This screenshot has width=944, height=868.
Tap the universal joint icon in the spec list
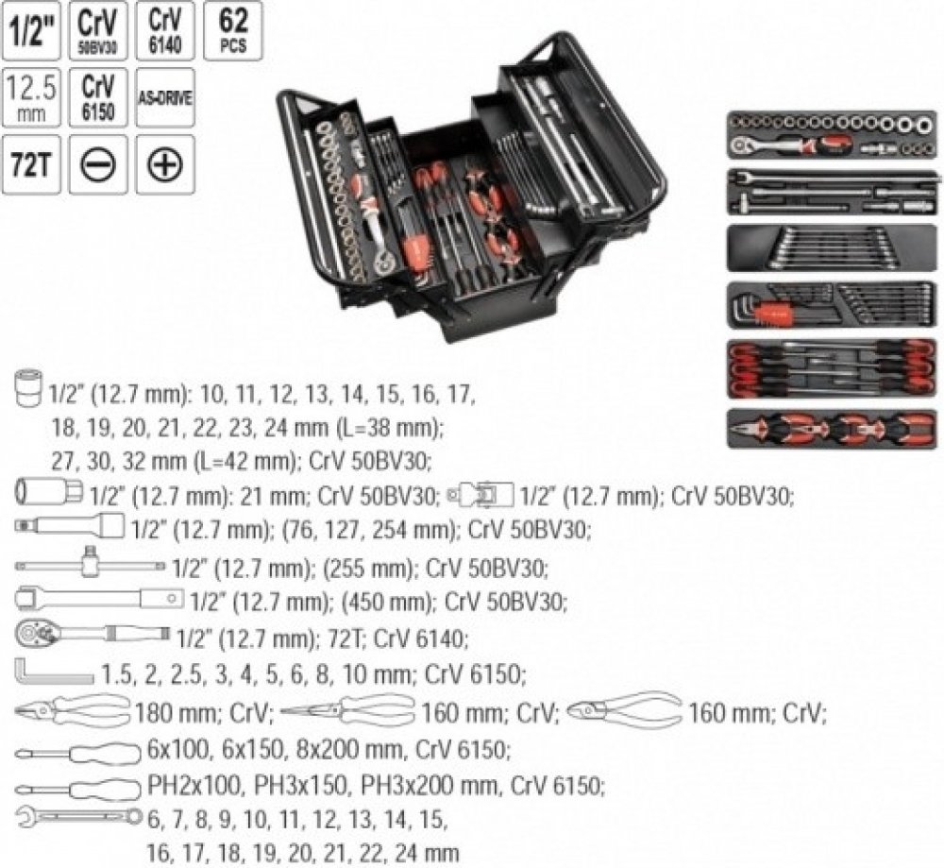[x=480, y=493]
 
